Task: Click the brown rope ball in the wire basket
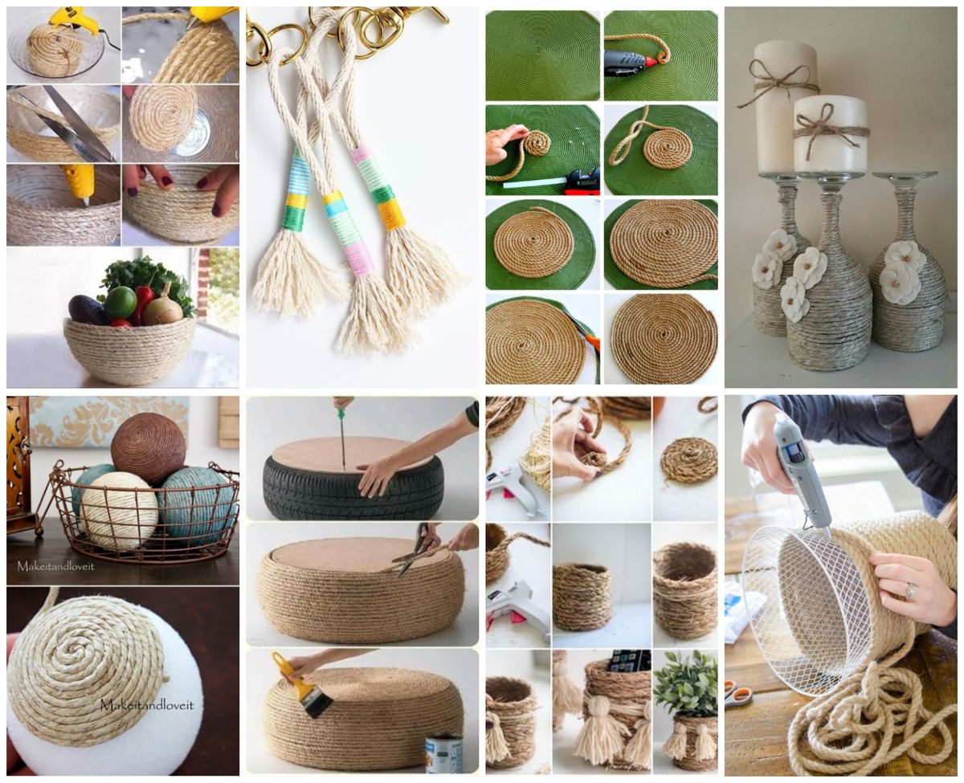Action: [x=148, y=448]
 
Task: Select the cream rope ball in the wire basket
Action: [x=119, y=510]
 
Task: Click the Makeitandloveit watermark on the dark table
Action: [x=55, y=565]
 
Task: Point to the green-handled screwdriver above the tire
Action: [x=342, y=434]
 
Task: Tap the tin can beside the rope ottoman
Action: [x=443, y=752]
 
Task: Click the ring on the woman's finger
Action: [x=909, y=592]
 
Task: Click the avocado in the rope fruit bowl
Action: [x=88, y=309]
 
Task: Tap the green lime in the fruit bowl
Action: [x=120, y=302]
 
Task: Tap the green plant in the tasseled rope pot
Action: [x=685, y=683]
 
